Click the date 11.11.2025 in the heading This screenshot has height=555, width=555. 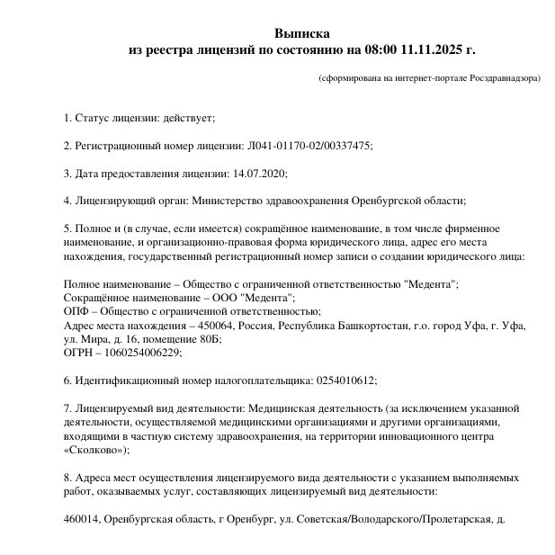(x=435, y=49)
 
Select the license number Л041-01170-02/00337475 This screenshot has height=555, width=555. (x=309, y=146)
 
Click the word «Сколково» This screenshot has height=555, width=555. (x=94, y=450)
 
